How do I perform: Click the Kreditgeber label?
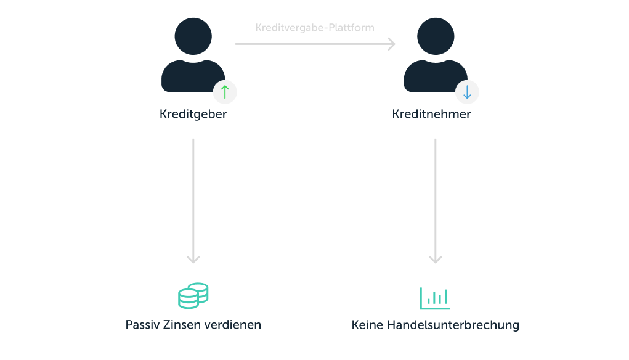point(193,115)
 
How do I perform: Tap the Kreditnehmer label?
point(431,115)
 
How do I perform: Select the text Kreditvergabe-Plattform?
point(314,28)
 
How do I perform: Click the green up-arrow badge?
point(225,92)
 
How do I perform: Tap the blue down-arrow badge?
point(467,92)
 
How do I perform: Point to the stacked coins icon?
point(193,296)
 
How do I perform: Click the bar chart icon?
point(435,298)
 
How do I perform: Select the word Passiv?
point(143,325)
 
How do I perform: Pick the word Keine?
point(368,325)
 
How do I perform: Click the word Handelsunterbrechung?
point(453,325)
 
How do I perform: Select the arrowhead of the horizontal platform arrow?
point(391,44)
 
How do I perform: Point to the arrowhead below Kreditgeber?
point(193,260)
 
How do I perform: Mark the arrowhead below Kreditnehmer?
point(436,260)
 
